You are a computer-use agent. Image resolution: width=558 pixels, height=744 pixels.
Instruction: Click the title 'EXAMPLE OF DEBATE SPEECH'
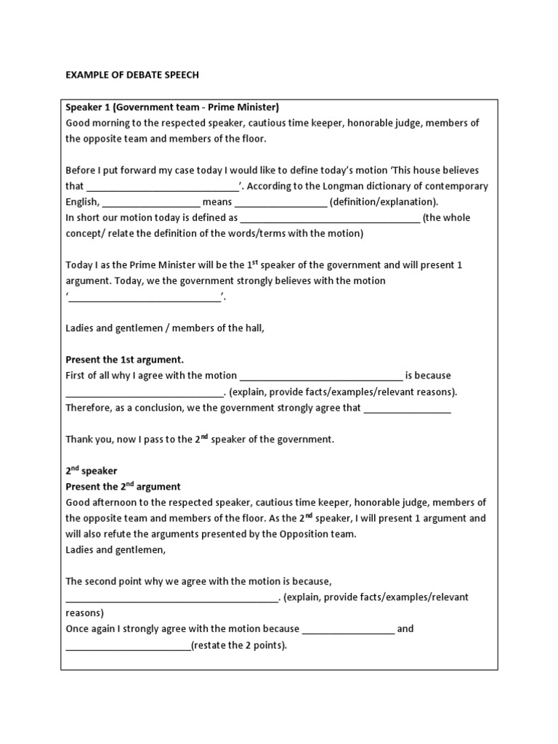click(132, 75)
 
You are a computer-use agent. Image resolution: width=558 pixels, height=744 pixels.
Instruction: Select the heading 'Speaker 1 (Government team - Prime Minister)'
click(172, 108)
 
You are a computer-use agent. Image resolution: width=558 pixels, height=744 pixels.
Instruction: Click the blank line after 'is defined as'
click(330, 218)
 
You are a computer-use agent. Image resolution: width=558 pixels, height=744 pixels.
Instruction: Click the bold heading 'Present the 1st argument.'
click(125, 360)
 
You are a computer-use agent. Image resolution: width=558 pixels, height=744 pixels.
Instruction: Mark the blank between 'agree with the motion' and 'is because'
click(320, 376)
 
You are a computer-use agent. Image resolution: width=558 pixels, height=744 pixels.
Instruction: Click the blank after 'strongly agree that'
click(407, 408)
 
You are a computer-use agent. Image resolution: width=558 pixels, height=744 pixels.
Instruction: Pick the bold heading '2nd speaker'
click(92, 471)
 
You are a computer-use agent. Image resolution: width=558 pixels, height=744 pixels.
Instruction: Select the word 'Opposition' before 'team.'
click(304, 534)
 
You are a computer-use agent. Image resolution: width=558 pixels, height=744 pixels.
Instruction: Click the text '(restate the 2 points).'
click(239, 645)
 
